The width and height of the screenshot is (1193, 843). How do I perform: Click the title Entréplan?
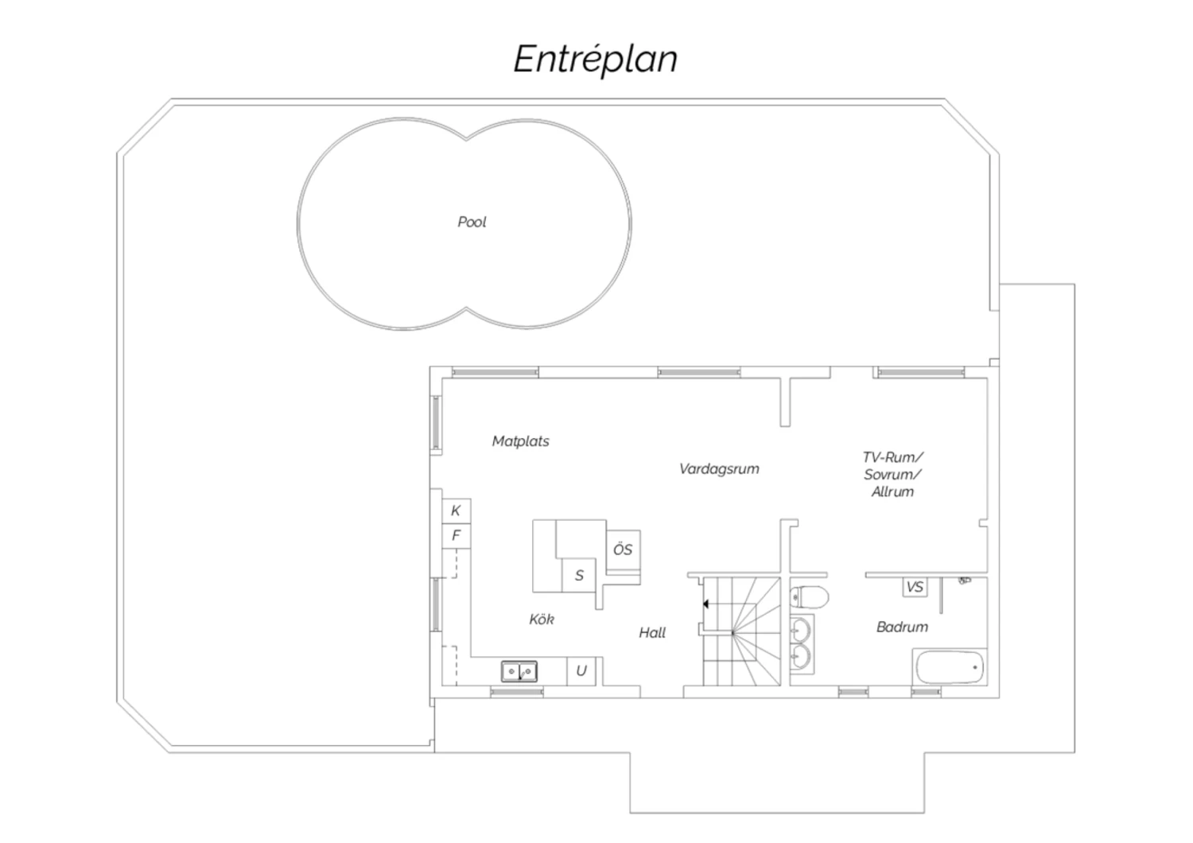coord(595,59)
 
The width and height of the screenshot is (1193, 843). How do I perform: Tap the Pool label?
coord(472,222)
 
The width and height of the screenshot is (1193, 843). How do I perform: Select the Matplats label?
coord(520,441)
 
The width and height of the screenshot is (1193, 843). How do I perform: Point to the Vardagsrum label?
coord(719,469)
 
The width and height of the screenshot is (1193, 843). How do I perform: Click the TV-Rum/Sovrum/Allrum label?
coord(892,474)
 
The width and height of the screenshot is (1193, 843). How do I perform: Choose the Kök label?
coord(542,619)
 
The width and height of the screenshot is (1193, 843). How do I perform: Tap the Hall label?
coord(652,633)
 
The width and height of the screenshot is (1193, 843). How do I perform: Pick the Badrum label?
coord(902,627)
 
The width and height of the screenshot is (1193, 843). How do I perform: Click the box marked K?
coord(457,511)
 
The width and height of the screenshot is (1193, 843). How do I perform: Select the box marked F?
coord(457,536)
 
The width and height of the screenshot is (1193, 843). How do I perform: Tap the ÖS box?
coord(623,550)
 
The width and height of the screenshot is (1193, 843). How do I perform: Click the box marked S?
coord(579,575)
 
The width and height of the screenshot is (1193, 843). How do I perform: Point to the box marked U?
coord(581,671)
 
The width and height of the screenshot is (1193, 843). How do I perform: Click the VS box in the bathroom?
coord(915,587)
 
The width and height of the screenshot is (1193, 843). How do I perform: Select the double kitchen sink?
coord(519,671)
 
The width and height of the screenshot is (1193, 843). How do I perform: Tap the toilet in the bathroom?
coord(809,597)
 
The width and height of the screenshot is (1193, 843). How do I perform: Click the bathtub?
coord(950,667)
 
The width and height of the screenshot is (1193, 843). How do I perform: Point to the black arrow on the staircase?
coord(705,604)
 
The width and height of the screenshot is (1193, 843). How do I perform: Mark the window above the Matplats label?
coord(495,371)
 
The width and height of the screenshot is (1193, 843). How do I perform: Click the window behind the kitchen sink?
coord(517,692)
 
